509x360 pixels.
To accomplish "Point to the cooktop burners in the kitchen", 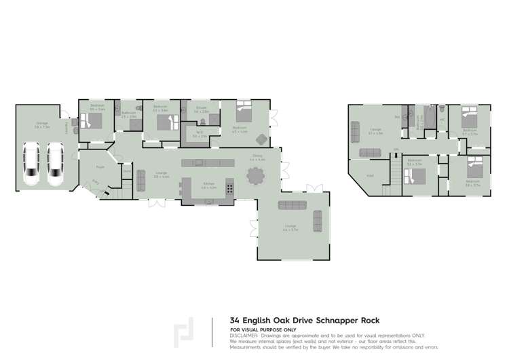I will point(230,188).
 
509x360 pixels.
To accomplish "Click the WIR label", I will point(200,132).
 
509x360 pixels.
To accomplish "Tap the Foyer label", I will point(99,166).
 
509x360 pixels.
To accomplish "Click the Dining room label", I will point(257,156).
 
